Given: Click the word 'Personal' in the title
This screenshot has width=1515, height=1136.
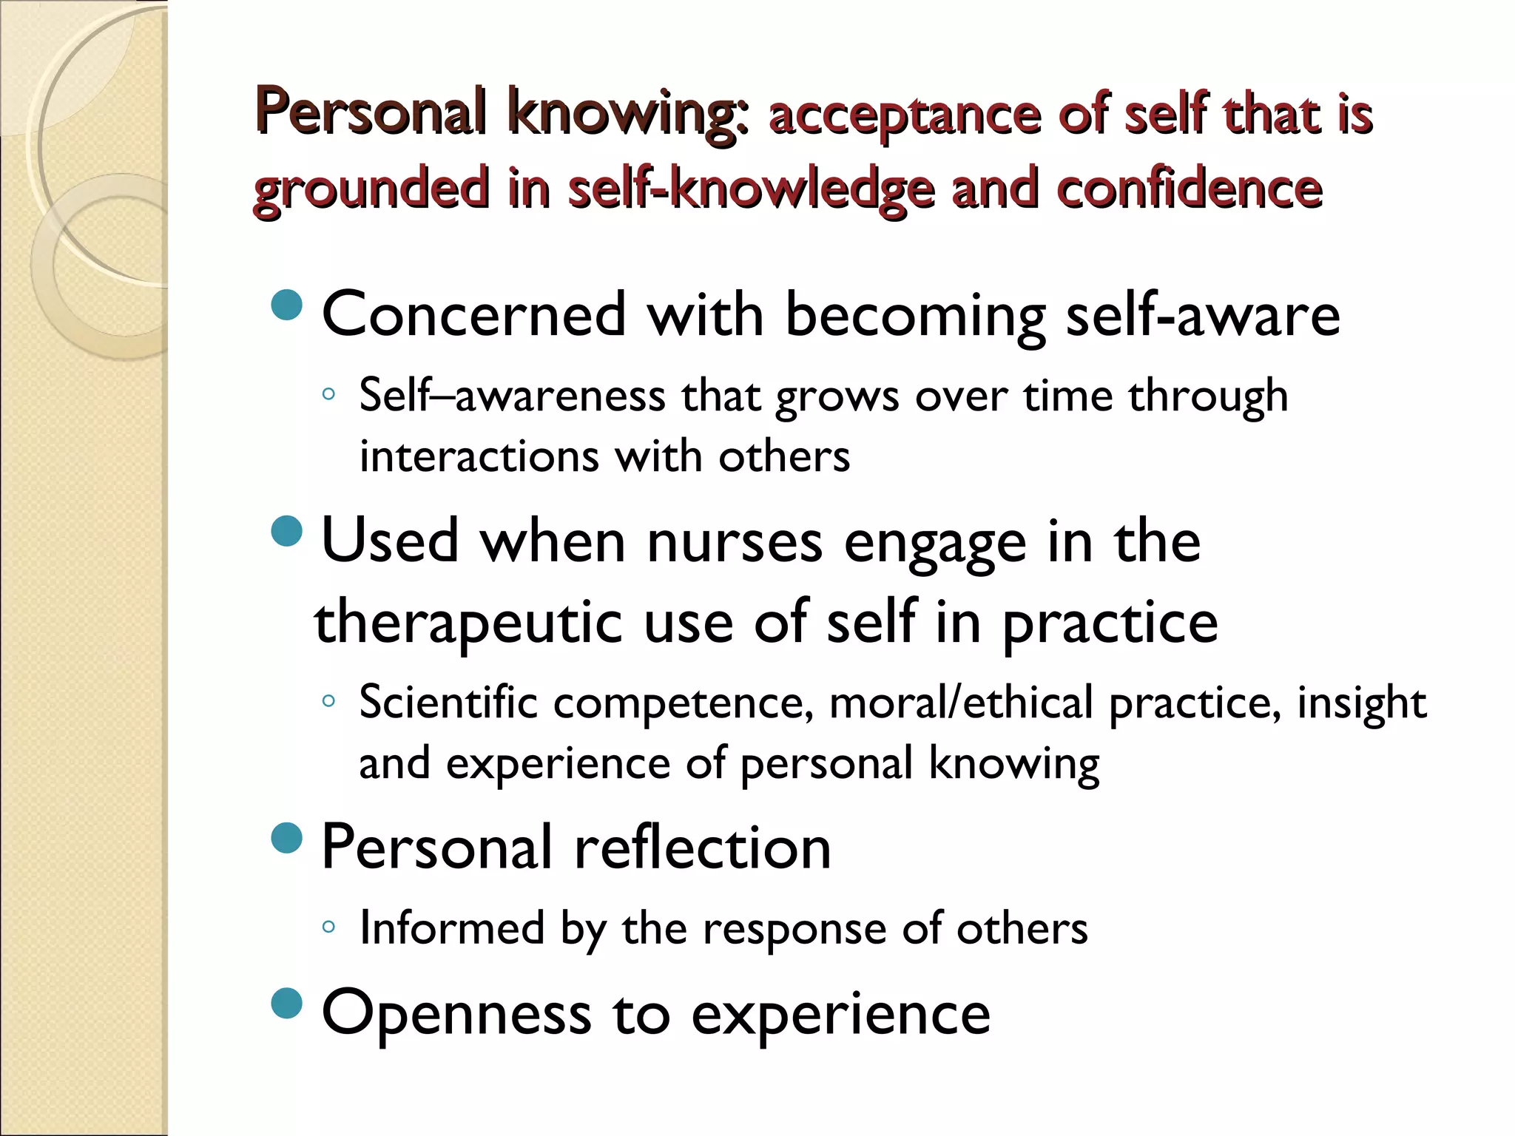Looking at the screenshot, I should point(370,112).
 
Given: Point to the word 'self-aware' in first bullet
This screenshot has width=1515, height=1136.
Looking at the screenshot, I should point(1203,315).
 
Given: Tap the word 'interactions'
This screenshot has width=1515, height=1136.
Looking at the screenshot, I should point(478,456).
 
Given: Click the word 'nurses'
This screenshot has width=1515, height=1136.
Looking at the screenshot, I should point(734,541).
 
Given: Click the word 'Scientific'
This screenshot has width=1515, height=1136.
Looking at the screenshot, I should point(448,702).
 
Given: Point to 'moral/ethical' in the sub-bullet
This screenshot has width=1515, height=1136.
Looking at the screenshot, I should point(960,702).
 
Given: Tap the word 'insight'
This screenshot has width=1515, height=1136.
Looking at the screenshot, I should point(1361,703).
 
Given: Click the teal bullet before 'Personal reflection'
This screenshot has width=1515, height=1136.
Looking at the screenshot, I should point(287,837).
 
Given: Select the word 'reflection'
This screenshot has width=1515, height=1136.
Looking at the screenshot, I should point(702,848).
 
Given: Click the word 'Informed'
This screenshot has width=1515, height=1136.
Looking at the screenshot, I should point(451,927).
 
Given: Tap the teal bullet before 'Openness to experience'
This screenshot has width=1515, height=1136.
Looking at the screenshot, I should point(287,1003).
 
